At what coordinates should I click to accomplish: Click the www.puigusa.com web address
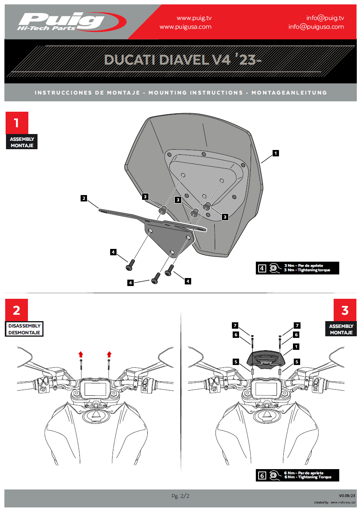pos(185,27)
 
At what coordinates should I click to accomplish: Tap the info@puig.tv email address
pos(325,18)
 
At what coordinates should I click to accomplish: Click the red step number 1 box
pos(17,122)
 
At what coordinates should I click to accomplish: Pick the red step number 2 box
pos(17,310)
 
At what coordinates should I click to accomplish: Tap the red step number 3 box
pos(345,310)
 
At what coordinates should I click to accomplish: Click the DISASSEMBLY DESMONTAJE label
pos(24,329)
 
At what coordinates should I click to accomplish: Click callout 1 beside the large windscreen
pos(275,152)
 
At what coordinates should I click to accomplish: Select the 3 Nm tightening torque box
pos(297,268)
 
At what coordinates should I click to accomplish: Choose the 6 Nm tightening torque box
pos(297,475)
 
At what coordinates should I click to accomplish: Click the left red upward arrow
pos(81,354)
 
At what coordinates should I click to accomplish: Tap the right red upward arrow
pos(109,354)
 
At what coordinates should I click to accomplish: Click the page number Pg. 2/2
pos(180,496)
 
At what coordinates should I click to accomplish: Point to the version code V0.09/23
pos(347,495)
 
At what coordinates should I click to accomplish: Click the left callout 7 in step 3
pos(236,326)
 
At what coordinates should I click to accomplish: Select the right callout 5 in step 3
pos(297,362)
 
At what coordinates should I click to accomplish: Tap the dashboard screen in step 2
pos(95,389)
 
